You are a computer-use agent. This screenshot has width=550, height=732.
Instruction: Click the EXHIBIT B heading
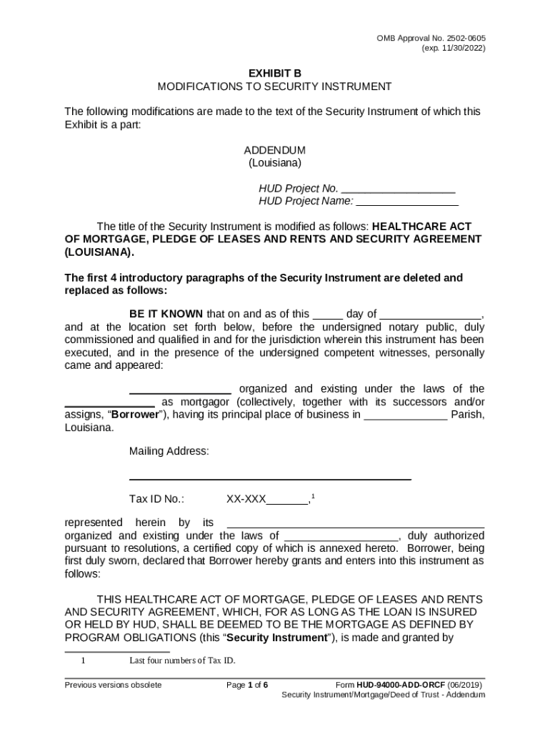coord(274,73)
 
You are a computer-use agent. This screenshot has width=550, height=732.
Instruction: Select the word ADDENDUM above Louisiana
coord(274,150)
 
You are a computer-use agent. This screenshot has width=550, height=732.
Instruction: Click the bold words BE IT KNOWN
coord(166,314)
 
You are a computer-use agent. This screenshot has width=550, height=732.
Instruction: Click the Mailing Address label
coord(169,451)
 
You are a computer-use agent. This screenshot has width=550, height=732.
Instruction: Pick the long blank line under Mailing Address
coord(270,478)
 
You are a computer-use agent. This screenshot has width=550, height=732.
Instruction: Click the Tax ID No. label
coord(156,499)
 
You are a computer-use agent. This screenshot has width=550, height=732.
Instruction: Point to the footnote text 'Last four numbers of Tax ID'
coord(182,661)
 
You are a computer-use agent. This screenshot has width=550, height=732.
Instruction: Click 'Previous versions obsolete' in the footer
coord(113,685)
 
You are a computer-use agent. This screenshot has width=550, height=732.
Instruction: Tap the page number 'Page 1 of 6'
coord(247,685)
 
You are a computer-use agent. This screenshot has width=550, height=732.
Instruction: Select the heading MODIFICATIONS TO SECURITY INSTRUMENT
coord(274,86)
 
